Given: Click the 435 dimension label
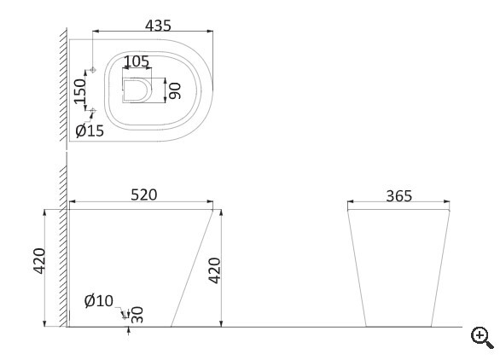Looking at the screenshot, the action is point(158,26).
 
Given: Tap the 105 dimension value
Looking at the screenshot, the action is point(137,61).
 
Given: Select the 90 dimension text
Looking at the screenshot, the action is point(175,91).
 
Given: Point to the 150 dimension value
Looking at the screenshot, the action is point(80,91).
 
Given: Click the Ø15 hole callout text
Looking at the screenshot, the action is point(90,131).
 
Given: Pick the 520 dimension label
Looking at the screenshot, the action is point(144,195).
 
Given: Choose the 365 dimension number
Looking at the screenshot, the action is point(399,196).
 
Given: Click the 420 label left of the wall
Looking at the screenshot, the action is point(39,261).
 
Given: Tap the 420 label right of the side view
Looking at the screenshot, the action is point(214,270).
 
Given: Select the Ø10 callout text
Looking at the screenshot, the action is point(99,300).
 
